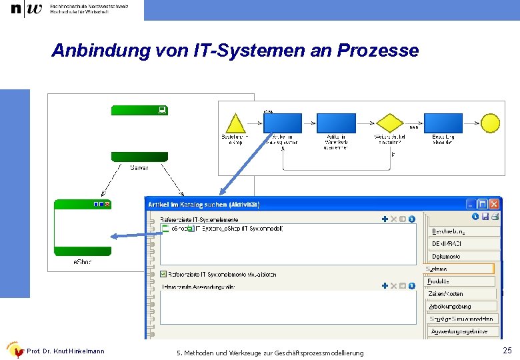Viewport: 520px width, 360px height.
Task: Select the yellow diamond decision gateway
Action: tap(390, 123)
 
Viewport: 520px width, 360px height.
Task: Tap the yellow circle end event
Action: tap(490, 123)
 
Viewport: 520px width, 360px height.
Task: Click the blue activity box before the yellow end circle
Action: tap(443, 123)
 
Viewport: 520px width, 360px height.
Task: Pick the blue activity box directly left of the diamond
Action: tap(335, 123)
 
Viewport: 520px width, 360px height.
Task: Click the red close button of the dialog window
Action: tap(494, 204)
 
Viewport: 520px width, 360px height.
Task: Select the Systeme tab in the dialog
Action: tap(459, 269)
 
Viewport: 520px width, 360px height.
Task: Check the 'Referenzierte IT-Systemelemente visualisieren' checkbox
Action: tap(164, 274)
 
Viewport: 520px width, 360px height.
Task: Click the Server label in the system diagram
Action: tap(139, 168)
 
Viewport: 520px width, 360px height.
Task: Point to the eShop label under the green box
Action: tap(83, 262)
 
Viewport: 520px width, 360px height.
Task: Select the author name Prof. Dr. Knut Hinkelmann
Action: tap(65, 351)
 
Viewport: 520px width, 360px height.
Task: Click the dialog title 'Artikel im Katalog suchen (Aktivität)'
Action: tap(204, 204)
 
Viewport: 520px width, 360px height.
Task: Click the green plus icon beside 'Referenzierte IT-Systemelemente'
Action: tap(385, 219)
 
